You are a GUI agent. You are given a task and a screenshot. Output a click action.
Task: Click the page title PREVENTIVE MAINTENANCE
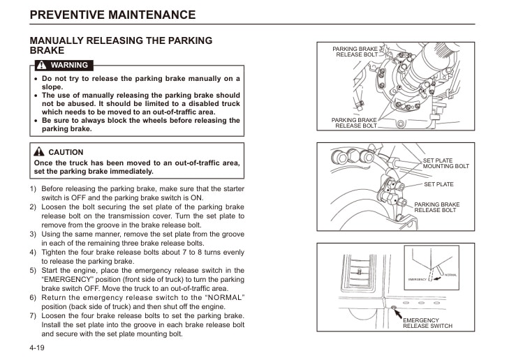point(112,14)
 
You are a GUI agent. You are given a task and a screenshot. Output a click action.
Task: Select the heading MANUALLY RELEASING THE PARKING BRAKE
point(121,45)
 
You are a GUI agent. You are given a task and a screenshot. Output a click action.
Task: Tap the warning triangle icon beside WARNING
point(42,66)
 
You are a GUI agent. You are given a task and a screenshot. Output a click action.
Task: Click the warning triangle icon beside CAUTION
point(40,152)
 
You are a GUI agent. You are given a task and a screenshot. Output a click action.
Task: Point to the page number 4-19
point(37,347)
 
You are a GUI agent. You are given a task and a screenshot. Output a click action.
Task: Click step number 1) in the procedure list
point(33,188)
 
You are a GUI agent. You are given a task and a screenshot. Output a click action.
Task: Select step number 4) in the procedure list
point(33,252)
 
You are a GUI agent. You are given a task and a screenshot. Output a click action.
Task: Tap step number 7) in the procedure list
point(33,315)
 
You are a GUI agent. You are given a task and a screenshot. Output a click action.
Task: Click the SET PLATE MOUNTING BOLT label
point(445,164)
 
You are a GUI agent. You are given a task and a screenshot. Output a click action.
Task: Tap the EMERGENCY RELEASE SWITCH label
point(427,323)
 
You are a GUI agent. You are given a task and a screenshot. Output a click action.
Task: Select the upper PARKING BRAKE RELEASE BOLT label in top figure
point(356,52)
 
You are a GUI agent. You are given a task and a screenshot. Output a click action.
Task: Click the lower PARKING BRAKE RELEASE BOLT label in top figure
point(355,123)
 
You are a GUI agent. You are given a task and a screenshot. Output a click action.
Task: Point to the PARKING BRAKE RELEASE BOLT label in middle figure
point(436,207)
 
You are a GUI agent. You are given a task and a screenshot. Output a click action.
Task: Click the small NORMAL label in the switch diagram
point(450,275)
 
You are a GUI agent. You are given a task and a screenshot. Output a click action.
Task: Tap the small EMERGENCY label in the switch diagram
point(417,280)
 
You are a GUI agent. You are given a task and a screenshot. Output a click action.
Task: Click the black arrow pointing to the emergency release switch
point(398,312)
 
